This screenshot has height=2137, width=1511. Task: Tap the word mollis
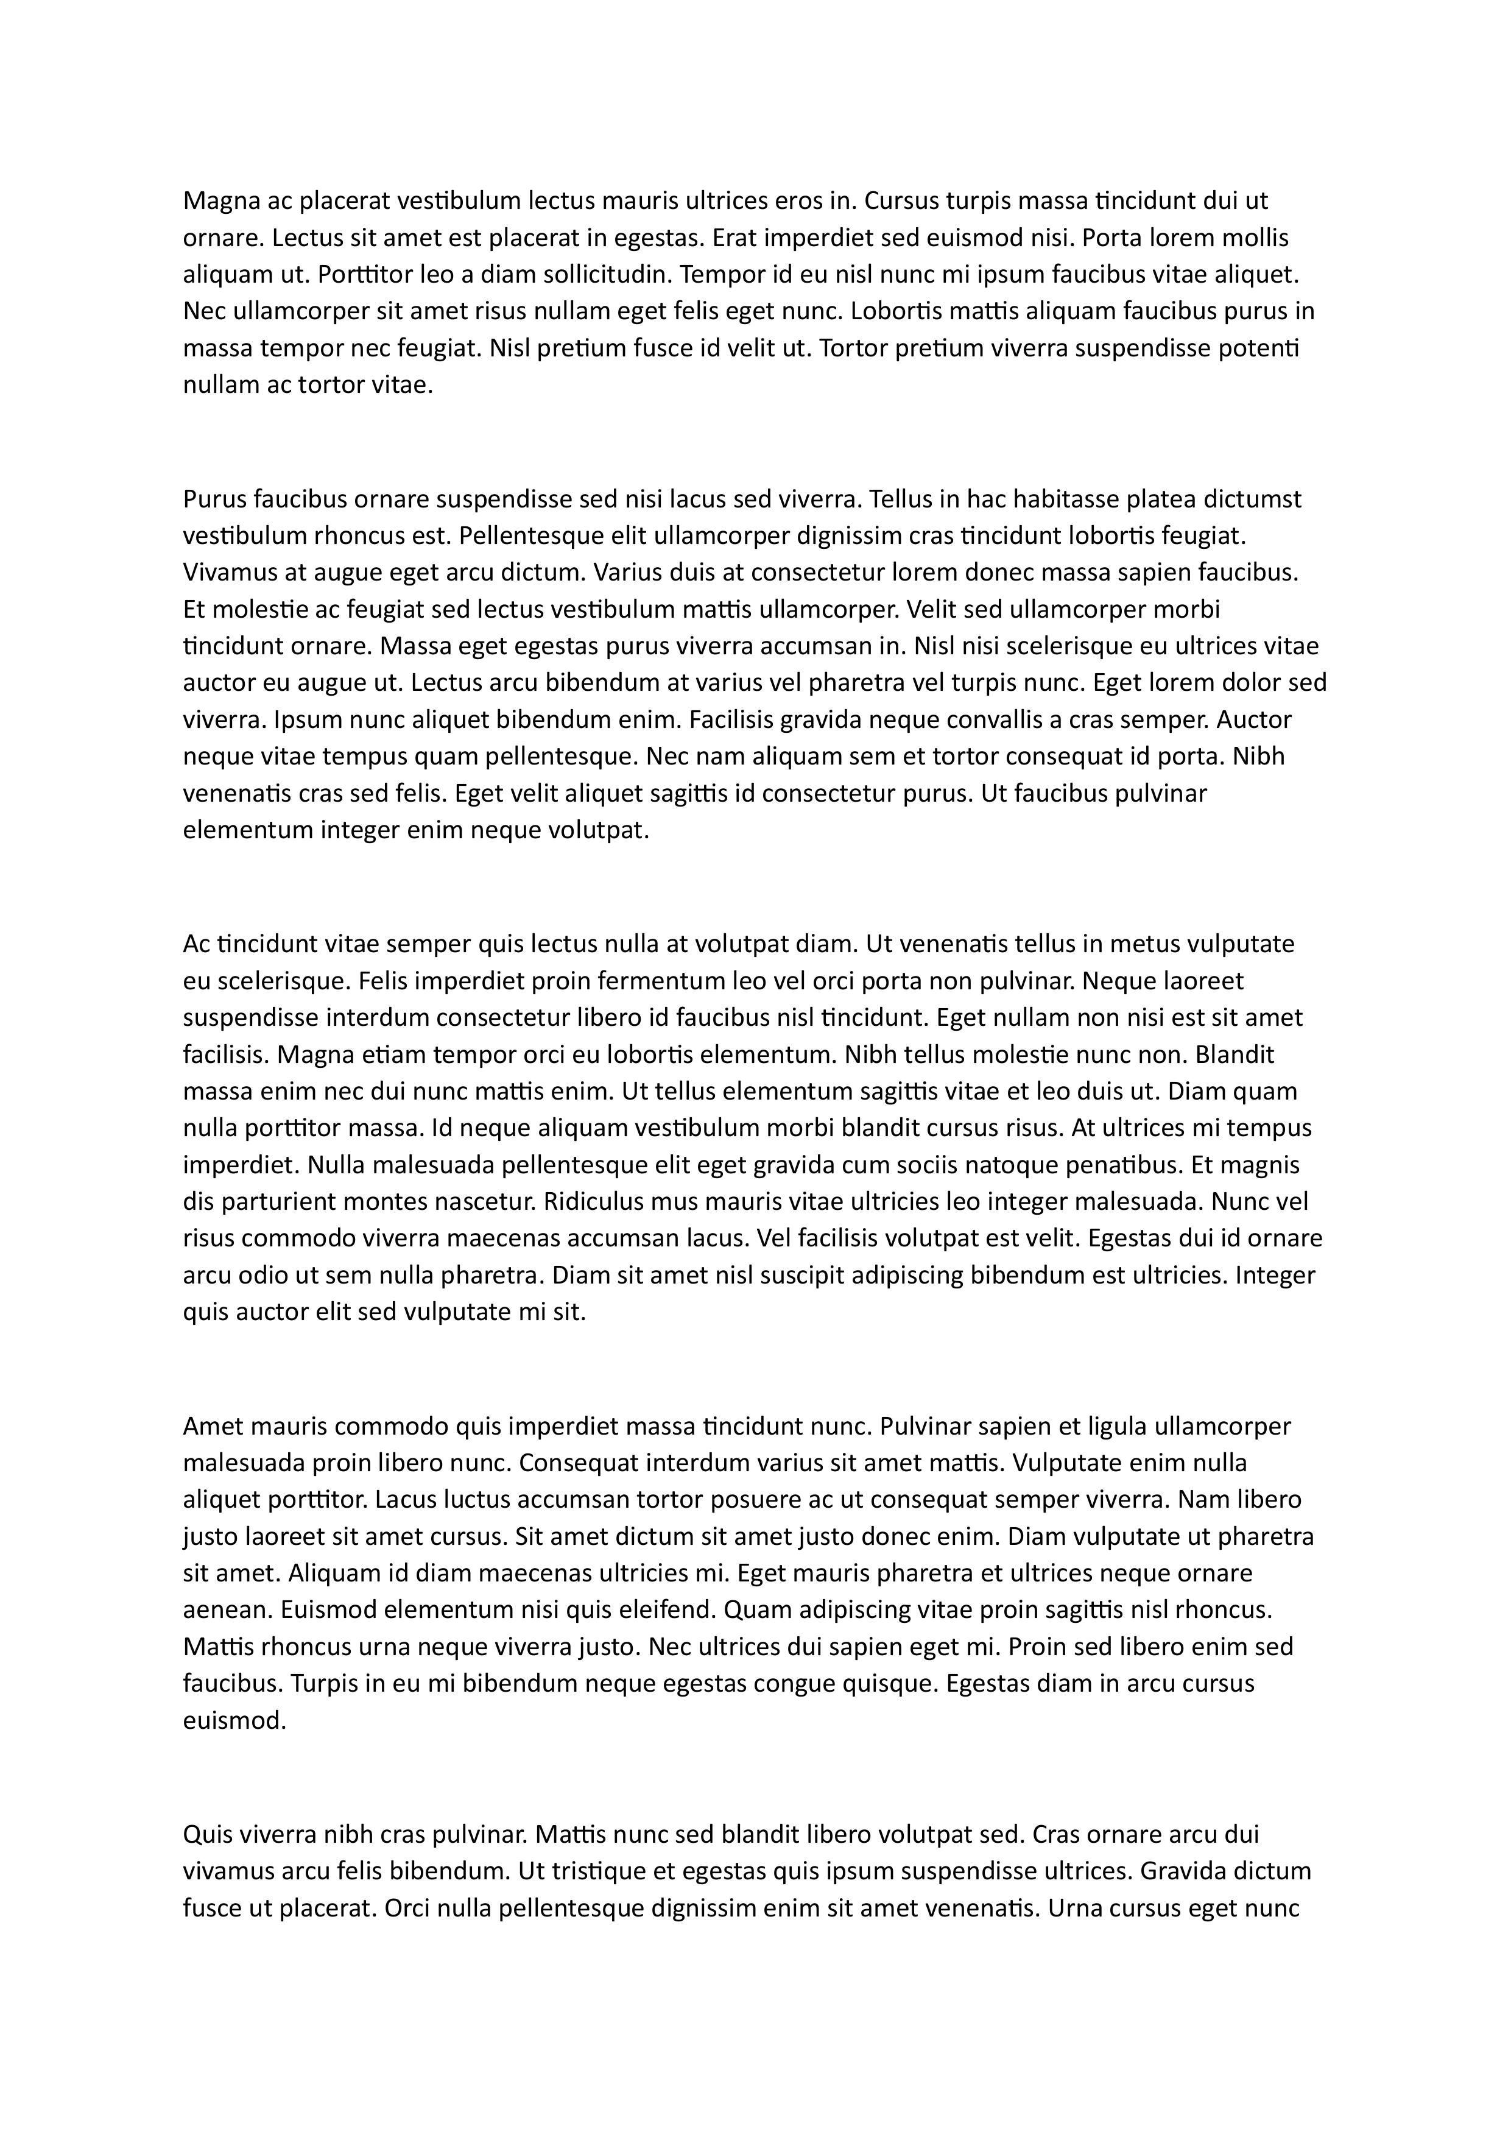click(1252, 238)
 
